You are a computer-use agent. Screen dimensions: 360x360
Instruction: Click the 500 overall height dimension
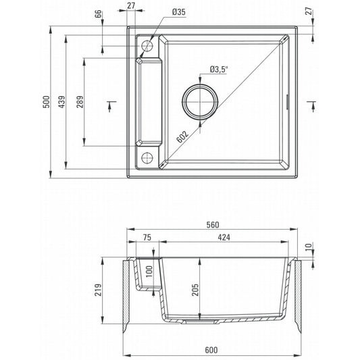point(47,102)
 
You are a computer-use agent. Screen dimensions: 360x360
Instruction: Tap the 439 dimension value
point(61,102)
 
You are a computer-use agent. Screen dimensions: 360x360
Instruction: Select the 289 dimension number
point(80,102)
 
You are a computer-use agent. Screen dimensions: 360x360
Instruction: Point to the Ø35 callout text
point(178,12)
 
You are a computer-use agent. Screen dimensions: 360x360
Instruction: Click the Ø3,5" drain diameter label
point(219,70)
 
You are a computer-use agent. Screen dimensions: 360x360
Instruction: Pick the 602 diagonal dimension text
point(183,136)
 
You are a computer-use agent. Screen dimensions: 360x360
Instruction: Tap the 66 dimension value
point(98,14)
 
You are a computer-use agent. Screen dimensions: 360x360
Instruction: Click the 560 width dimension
point(213,225)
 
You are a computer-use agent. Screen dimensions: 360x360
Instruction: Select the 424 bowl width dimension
point(224,237)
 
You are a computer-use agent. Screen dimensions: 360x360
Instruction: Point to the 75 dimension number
point(147,237)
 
